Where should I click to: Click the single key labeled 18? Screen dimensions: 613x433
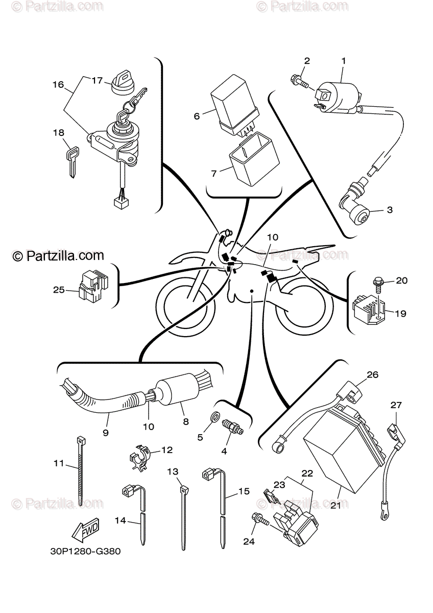[71, 162]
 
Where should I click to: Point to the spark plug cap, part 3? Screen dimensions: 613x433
[356, 206]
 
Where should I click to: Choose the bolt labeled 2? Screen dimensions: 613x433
[298, 80]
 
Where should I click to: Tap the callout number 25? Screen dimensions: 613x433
[59, 290]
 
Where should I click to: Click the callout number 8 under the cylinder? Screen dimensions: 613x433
[186, 421]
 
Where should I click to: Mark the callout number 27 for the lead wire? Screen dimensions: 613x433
[397, 405]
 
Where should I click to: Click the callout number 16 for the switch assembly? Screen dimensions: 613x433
[58, 85]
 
